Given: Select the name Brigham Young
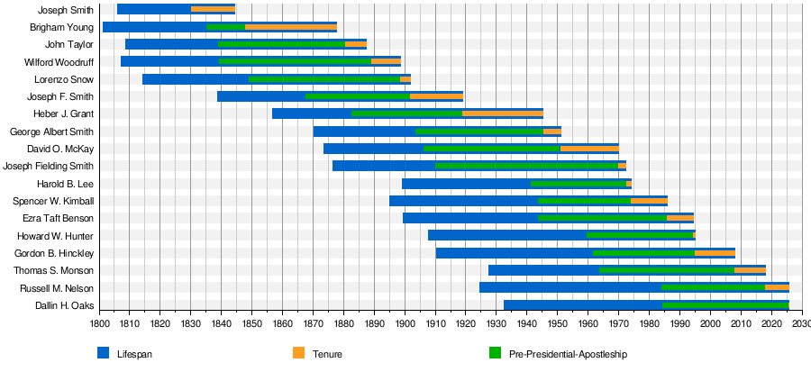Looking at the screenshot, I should coord(62,27).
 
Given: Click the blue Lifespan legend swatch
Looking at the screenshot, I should coord(103,353).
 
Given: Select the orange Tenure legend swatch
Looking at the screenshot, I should coord(299,353).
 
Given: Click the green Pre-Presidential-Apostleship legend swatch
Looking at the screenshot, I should coord(494,353).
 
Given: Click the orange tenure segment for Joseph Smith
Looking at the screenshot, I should coord(213,10).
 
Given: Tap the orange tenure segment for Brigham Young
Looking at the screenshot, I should coord(290,27).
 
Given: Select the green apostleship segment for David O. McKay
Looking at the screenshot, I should coord(491,149).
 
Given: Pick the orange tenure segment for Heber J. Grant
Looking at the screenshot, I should coord(503,113).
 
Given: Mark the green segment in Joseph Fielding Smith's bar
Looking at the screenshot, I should coord(527,166).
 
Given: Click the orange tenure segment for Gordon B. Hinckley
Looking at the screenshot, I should coord(715,253).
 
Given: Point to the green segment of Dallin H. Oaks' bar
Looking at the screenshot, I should coord(725,305).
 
